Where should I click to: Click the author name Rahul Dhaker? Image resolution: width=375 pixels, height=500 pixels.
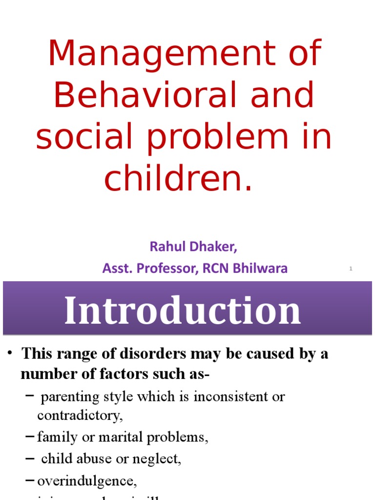coord(193,247)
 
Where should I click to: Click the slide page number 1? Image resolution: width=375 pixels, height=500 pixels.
coord(351,269)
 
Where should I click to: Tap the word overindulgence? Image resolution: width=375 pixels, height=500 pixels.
coord(86,481)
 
